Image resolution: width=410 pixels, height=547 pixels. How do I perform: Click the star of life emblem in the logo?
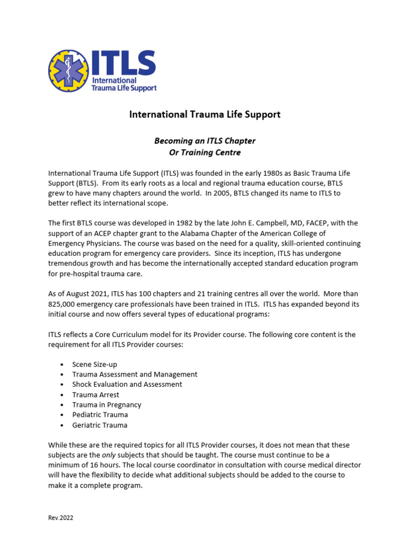click(x=68, y=71)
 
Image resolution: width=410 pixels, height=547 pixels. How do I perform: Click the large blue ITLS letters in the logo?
click(x=123, y=63)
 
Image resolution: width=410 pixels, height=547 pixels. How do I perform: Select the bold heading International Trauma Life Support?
click(x=205, y=114)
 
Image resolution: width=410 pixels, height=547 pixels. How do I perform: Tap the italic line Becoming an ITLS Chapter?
click(x=205, y=141)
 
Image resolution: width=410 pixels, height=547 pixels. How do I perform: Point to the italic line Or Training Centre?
click(x=205, y=152)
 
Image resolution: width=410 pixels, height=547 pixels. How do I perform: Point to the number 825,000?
click(x=66, y=304)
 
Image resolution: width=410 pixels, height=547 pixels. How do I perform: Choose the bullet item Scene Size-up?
click(x=94, y=364)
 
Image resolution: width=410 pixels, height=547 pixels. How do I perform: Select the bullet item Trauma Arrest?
click(x=96, y=395)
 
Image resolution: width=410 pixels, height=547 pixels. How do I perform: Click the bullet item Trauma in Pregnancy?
click(x=107, y=405)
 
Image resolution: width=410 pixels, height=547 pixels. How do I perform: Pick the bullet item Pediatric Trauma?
click(x=100, y=415)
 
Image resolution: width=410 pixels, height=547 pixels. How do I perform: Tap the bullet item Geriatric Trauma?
click(x=100, y=425)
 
